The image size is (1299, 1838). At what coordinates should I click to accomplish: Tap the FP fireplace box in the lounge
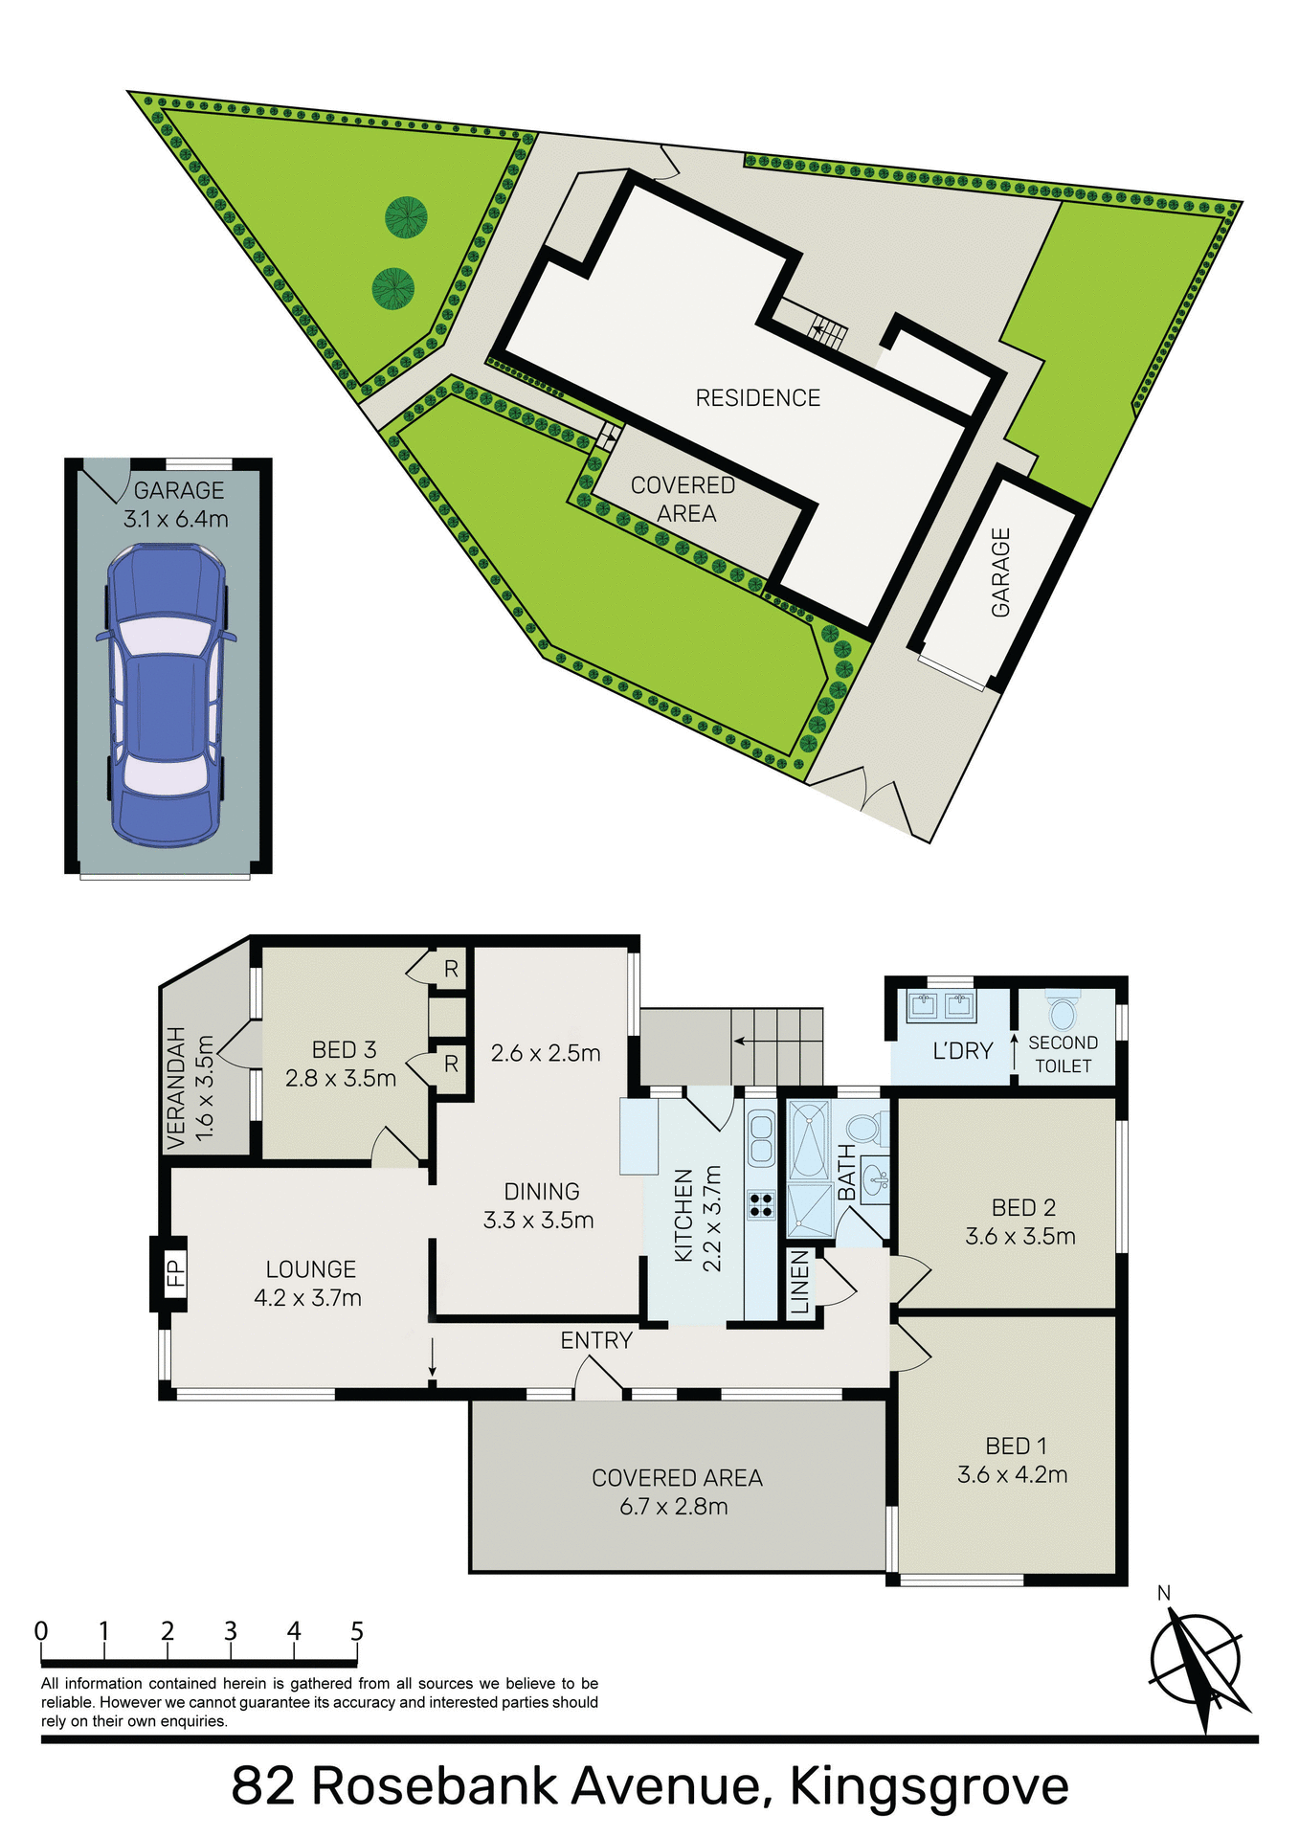click(174, 1272)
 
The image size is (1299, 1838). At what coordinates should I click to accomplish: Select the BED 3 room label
click(344, 1050)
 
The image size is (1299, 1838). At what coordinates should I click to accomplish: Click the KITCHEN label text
click(683, 1215)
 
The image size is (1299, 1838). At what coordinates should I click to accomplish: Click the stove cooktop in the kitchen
click(761, 1204)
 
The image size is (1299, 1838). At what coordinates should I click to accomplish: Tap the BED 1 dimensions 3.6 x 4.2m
click(1012, 1474)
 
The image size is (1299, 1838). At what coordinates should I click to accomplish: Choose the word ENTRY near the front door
click(596, 1340)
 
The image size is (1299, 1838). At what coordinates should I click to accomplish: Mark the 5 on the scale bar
click(357, 1630)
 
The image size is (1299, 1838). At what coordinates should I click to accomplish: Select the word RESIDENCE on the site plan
click(757, 398)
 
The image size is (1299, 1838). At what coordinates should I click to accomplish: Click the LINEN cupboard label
click(801, 1283)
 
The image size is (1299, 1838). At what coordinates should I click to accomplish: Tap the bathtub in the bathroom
click(809, 1142)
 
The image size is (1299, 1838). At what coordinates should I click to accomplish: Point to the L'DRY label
click(962, 1051)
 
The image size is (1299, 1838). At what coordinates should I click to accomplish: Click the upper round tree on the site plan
click(406, 217)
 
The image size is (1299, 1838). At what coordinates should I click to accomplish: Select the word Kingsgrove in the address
click(929, 1786)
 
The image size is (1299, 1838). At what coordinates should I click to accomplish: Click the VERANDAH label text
click(175, 1087)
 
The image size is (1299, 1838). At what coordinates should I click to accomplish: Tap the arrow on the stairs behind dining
click(754, 1040)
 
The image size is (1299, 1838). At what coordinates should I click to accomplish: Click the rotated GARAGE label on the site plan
click(1000, 572)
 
